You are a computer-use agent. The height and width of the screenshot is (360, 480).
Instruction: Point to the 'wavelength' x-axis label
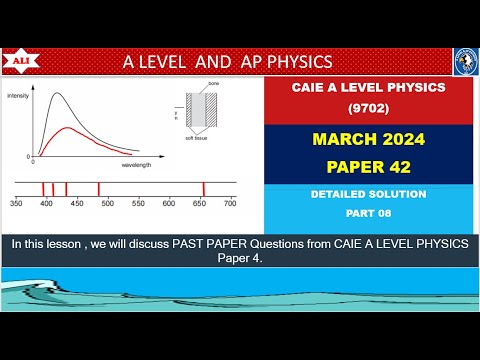tap(137, 164)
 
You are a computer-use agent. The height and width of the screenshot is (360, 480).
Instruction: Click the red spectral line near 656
tap(204, 189)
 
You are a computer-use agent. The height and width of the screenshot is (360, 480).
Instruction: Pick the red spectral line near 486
tap(98, 189)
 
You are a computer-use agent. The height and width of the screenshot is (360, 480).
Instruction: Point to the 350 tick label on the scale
tap(16, 203)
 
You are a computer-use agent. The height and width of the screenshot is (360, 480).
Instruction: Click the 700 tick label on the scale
tap(230, 203)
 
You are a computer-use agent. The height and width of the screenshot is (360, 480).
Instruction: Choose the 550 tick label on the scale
tap(138, 203)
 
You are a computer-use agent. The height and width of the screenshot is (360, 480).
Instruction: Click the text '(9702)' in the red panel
tap(362, 105)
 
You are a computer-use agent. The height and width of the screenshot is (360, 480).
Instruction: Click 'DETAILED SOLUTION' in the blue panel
tap(362, 193)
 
